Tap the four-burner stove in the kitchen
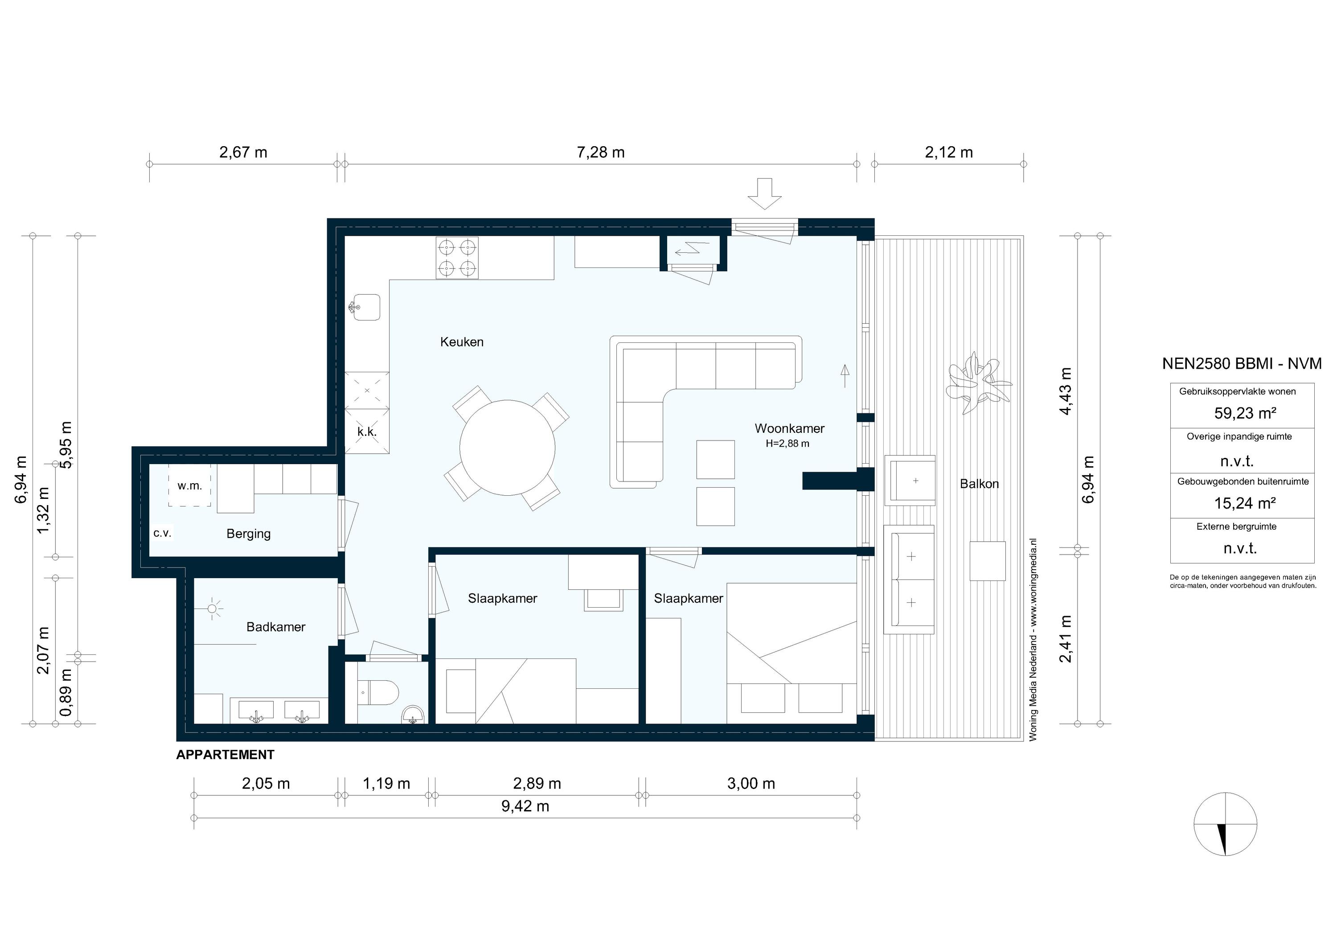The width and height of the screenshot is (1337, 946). pos(457,258)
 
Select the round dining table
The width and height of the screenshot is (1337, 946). pos(507,448)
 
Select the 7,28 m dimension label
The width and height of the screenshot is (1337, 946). pos(600,152)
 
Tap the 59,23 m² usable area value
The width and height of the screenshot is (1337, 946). pos(1245,414)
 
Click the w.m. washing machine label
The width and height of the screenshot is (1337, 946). pos(189,486)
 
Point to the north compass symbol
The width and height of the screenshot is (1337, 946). pos(1225,824)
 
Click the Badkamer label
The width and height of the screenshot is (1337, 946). pos(275,627)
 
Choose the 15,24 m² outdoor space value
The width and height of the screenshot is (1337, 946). pos(1245,503)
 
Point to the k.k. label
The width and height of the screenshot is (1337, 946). pos(366,432)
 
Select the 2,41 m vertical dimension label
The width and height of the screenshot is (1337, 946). pos(1065,638)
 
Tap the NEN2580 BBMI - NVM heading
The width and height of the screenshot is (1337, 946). pos(1242,363)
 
